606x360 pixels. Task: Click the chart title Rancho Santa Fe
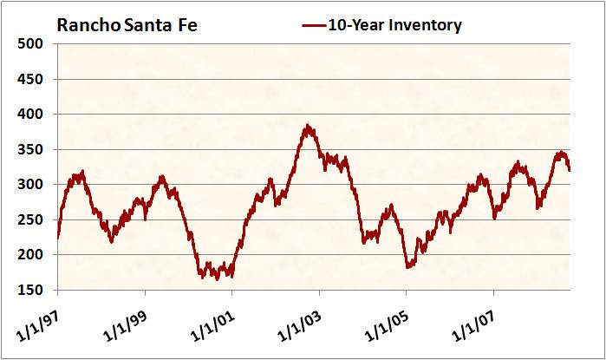tap(127, 24)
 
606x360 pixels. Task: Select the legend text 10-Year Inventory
tap(395, 25)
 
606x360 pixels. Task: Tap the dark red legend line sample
tap(313, 25)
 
